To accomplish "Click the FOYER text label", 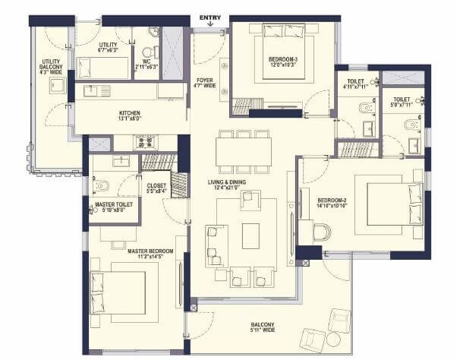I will pyautogui.click(x=204, y=81).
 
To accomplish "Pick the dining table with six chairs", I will pyautogui.click(x=243, y=150).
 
